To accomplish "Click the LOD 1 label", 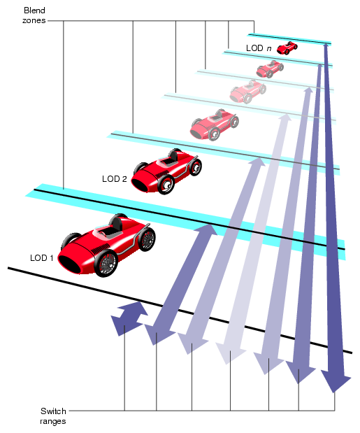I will [x=42, y=257].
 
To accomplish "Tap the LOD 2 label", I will [x=115, y=178].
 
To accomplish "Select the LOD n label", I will [x=259, y=48].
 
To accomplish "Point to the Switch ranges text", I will [x=53, y=416].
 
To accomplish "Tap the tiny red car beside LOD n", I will [x=287, y=48].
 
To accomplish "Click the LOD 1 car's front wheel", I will [x=106, y=263].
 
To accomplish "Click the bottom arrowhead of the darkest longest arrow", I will [x=336, y=381].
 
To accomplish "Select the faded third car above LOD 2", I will [x=213, y=124].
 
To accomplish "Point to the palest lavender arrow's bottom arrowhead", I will [x=229, y=354].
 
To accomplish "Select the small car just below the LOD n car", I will [x=269, y=68].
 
